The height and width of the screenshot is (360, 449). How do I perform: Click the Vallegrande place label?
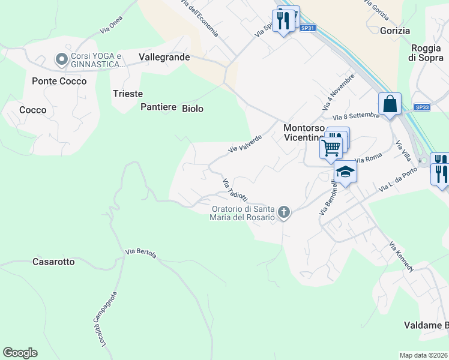(164, 57)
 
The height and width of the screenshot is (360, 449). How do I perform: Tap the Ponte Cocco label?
(59, 81)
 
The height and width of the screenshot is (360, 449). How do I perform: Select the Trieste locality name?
(128, 94)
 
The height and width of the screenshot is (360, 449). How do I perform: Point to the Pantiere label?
(158, 107)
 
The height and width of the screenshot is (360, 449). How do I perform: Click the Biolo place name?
(193, 109)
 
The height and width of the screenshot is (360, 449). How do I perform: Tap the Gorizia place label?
(395, 31)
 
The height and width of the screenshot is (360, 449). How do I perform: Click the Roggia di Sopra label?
(427, 53)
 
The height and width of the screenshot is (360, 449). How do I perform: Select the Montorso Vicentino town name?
(304, 133)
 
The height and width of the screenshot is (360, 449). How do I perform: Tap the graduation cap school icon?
(345, 172)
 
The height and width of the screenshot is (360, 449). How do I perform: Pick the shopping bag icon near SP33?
(390, 103)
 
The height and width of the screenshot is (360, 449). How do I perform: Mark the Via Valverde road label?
(245, 143)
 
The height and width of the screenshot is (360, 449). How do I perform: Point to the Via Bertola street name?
(141, 254)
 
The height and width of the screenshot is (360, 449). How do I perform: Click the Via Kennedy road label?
(401, 257)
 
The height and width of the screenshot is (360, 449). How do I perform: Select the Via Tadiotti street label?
(235, 190)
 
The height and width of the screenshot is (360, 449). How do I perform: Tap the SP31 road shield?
(307, 28)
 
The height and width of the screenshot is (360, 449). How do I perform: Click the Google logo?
(20, 353)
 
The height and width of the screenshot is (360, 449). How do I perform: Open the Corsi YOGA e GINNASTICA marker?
(61, 59)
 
